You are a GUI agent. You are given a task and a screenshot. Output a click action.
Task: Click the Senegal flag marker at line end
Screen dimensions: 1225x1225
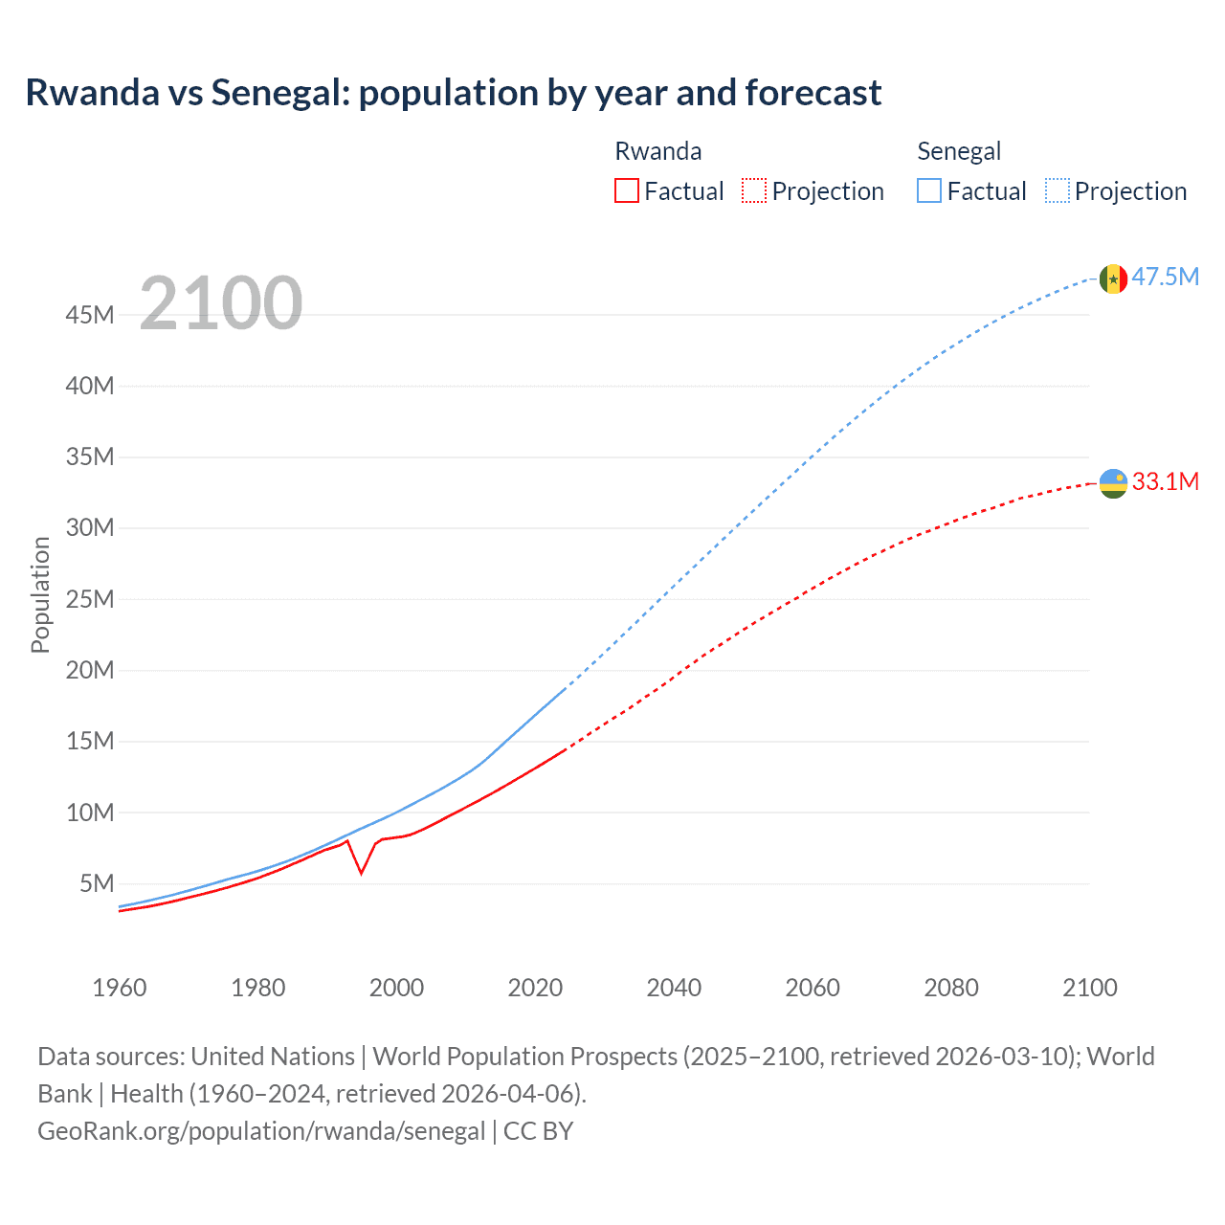(1112, 278)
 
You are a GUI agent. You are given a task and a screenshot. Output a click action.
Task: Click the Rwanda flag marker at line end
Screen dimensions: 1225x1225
(1112, 483)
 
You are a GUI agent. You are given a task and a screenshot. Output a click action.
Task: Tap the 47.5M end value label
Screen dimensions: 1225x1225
(1165, 278)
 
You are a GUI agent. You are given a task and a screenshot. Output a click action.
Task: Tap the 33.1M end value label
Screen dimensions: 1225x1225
(1165, 481)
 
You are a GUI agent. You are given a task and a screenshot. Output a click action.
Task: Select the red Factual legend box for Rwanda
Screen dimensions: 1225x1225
(626, 190)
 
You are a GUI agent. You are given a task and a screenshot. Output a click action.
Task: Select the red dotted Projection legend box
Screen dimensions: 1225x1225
(754, 190)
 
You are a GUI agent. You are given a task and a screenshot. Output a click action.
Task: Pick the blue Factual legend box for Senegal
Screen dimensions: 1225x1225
(928, 190)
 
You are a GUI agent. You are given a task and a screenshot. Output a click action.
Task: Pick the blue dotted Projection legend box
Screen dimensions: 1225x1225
(1057, 190)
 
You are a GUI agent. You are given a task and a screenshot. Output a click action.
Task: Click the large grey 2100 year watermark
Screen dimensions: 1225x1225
(221, 303)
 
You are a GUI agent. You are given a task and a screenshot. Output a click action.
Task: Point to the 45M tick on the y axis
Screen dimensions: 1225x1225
(90, 315)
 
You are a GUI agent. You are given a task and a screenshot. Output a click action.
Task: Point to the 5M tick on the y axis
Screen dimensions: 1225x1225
(97, 883)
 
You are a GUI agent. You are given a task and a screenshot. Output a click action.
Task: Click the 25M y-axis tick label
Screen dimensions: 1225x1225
(90, 599)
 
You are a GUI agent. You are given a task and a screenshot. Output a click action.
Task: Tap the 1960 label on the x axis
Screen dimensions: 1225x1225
(120, 988)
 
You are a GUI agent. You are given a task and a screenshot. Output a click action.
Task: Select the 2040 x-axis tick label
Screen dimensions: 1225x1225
(674, 988)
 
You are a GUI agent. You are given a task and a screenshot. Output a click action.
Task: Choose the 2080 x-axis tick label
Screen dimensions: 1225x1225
(951, 988)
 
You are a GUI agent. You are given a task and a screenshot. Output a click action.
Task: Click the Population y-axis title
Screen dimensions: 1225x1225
(40, 594)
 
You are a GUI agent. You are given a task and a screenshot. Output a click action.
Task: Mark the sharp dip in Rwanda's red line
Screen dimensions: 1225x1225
(361, 872)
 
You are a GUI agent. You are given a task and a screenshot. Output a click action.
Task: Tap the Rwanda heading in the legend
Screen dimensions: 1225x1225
(657, 151)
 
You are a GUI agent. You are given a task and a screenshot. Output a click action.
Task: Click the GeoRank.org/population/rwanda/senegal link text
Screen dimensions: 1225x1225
(261, 1130)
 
